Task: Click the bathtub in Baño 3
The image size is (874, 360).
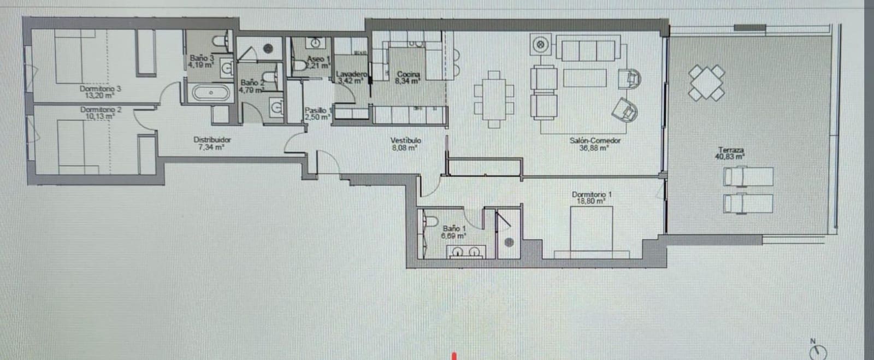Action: (211, 93)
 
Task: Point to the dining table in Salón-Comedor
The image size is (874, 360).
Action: (494, 99)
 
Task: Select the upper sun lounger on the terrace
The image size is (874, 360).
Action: (748, 177)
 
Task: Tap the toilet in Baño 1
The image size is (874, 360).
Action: (430, 220)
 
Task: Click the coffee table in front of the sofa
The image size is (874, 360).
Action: (585, 78)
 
